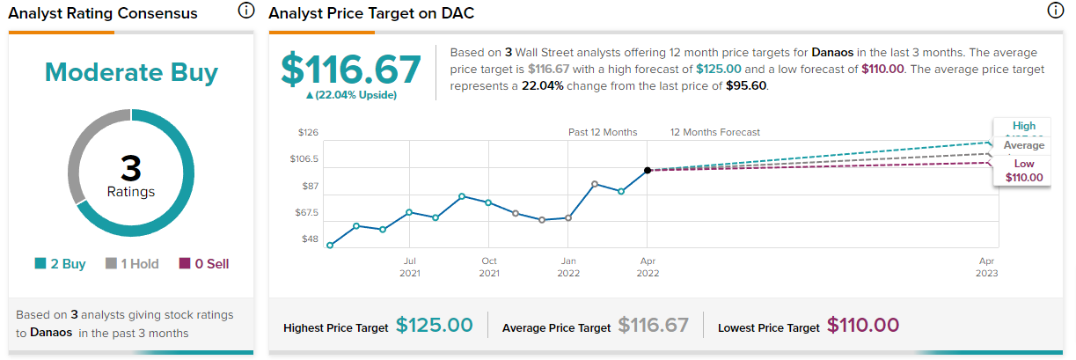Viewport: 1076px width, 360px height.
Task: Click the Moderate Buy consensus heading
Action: point(131,72)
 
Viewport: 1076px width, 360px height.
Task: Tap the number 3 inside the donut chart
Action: point(131,169)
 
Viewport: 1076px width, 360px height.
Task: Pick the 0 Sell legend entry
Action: point(204,263)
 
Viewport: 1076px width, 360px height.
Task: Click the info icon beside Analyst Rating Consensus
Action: point(246,11)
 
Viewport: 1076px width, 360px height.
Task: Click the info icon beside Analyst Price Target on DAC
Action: point(1056,11)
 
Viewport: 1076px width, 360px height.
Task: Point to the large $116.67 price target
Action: point(349,68)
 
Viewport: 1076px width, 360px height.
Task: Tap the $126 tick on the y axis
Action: point(308,133)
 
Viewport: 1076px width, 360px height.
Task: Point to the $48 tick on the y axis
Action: point(310,239)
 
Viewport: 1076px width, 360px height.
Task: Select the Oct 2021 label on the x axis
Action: point(489,267)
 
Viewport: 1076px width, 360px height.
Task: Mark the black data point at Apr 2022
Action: point(648,170)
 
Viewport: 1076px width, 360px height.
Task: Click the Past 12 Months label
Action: point(603,133)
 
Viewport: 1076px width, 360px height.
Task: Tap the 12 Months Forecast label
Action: point(715,133)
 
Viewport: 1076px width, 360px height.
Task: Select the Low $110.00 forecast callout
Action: point(1024,171)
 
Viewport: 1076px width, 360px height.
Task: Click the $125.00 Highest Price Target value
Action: point(434,326)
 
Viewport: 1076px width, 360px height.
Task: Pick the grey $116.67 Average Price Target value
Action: point(653,326)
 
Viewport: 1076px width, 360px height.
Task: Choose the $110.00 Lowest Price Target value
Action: point(863,326)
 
